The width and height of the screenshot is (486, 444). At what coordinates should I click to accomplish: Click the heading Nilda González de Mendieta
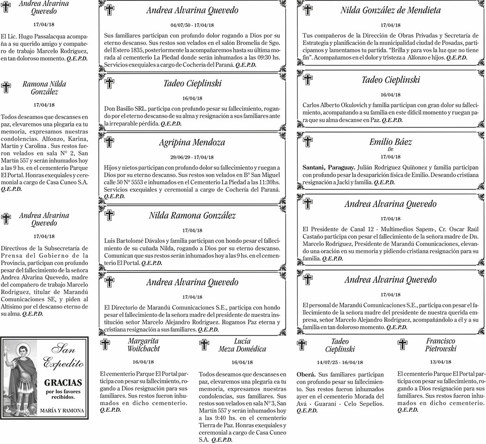(390, 10)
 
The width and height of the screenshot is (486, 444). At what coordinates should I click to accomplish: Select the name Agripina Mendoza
(192, 142)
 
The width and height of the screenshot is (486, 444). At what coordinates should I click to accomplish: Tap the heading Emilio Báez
(391, 142)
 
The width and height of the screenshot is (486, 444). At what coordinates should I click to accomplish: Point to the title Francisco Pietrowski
(440, 344)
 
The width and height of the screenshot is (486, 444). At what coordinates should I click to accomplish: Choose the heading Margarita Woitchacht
(143, 344)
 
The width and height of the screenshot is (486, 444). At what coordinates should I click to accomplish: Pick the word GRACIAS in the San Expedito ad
(63, 382)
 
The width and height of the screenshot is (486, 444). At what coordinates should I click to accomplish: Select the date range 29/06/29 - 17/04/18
(192, 157)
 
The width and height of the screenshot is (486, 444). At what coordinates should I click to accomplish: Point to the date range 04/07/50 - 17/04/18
(192, 25)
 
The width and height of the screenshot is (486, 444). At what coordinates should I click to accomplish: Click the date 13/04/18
(440, 362)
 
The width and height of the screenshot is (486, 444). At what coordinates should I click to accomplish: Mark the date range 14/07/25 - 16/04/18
(340, 362)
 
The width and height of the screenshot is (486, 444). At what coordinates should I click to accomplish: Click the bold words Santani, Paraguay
(328, 167)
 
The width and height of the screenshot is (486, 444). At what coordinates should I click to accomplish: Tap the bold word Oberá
(306, 374)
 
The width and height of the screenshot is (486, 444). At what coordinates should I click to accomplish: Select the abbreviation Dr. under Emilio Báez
(391, 149)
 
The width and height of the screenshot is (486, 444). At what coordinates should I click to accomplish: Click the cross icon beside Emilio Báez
(308, 141)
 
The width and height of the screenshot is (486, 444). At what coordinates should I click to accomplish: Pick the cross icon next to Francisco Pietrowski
(402, 344)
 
